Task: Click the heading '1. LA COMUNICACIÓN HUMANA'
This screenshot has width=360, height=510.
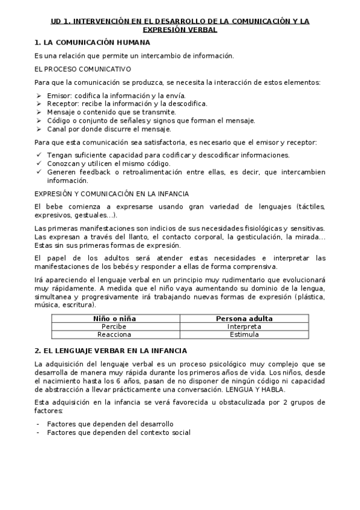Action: tap(92, 43)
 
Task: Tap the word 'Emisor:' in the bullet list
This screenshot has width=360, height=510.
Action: tap(58, 96)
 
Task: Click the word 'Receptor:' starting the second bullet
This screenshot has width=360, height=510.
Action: tap(63, 103)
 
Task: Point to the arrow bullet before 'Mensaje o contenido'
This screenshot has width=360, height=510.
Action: tap(38, 112)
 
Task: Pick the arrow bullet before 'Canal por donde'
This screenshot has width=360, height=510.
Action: tap(38, 129)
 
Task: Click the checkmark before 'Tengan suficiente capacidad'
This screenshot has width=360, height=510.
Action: tap(38, 155)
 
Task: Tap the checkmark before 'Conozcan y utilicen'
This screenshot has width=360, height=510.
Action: tap(38, 164)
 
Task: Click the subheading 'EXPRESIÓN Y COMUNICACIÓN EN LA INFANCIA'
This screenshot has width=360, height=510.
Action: tap(111, 194)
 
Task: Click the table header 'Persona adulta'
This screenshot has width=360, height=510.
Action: tap(244, 319)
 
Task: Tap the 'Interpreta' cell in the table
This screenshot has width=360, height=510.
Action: tap(244, 327)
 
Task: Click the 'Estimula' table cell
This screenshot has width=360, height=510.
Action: tap(244, 334)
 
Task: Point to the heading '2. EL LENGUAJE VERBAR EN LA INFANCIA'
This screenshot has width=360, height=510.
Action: tap(111, 351)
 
